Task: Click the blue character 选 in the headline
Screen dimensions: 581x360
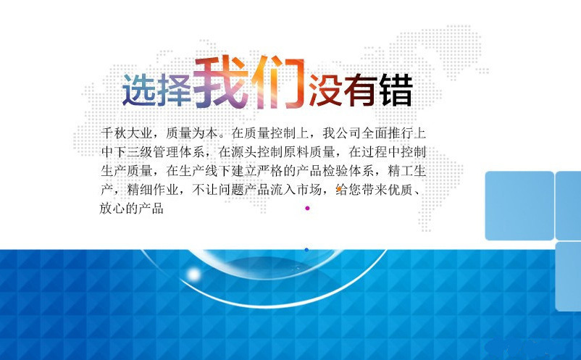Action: tap(138, 90)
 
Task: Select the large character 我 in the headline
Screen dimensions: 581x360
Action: tap(221, 84)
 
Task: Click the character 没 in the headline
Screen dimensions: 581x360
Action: tap(325, 90)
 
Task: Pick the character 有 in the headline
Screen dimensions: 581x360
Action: tap(361, 90)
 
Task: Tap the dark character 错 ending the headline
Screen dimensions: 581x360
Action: tap(396, 90)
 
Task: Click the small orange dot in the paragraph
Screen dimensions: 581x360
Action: tap(338, 189)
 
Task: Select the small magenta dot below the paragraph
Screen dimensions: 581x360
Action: tap(307, 208)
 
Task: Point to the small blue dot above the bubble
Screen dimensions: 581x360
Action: tap(306, 250)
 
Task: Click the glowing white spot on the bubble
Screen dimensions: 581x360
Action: tap(193, 275)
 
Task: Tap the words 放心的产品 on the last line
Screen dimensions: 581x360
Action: tap(132, 209)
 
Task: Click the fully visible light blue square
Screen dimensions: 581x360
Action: tap(519, 206)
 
